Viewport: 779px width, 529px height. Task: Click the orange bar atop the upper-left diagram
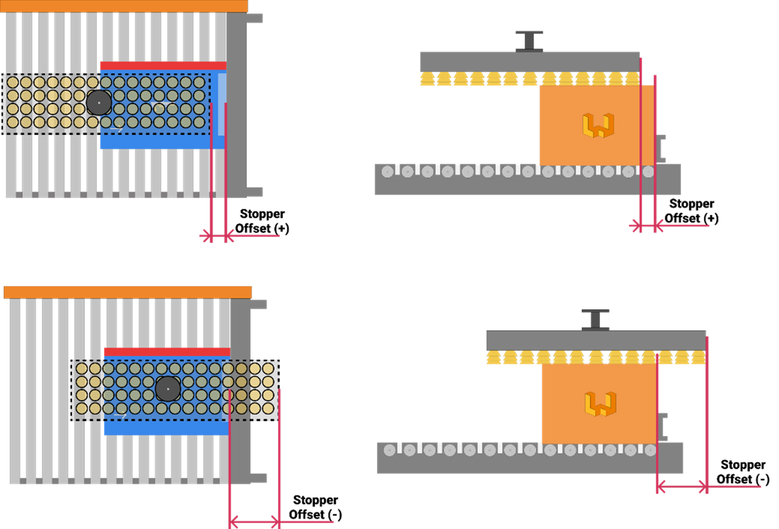(123, 6)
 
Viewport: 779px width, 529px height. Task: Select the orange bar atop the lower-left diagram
(127, 292)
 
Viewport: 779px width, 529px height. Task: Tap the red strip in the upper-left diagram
(162, 65)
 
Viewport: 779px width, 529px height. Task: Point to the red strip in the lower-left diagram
(167, 352)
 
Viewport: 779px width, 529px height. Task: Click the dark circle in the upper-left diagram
(99, 103)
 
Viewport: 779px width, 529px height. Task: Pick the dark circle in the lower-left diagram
(168, 389)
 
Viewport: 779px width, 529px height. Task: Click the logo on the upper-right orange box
(598, 125)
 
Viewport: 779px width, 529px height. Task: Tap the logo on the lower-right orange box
(600, 404)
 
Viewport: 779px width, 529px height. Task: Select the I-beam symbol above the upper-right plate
(529, 41)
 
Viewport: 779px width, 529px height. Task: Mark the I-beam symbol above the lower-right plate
(595, 320)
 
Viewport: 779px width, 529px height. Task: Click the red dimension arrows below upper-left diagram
(218, 236)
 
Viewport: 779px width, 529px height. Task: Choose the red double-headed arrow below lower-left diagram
(254, 521)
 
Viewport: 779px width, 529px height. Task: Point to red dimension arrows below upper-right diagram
(648, 225)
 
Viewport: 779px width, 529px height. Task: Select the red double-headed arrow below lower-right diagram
(682, 487)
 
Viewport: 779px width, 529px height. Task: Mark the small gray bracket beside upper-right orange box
(660, 148)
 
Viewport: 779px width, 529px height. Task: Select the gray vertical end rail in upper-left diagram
(236, 106)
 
